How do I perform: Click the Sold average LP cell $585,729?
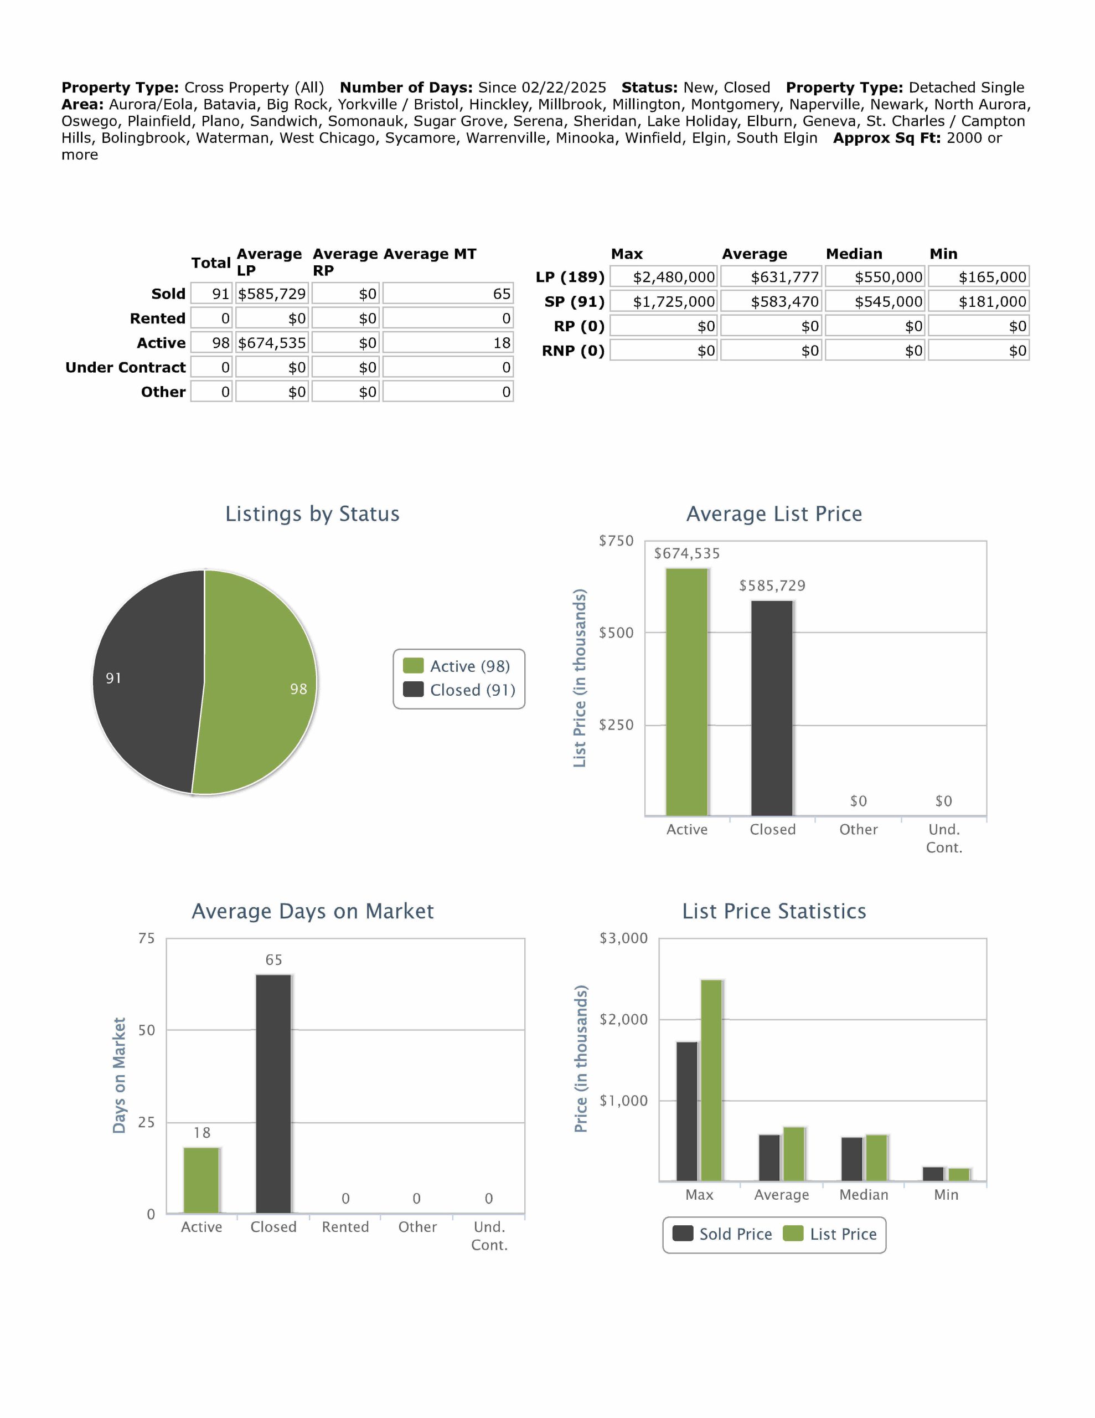point(271,294)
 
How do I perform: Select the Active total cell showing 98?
point(211,343)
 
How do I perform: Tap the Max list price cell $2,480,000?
point(664,278)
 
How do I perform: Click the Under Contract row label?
point(125,367)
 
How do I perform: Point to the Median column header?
point(854,254)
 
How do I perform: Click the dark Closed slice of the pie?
point(146,682)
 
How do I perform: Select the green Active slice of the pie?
point(260,682)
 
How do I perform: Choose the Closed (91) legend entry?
point(459,690)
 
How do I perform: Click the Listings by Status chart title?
point(312,513)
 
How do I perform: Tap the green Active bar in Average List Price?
point(687,691)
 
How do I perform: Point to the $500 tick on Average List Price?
point(616,633)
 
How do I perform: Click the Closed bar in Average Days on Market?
point(273,1093)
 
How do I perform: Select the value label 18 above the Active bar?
point(202,1133)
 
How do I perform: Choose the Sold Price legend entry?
point(722,1234)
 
